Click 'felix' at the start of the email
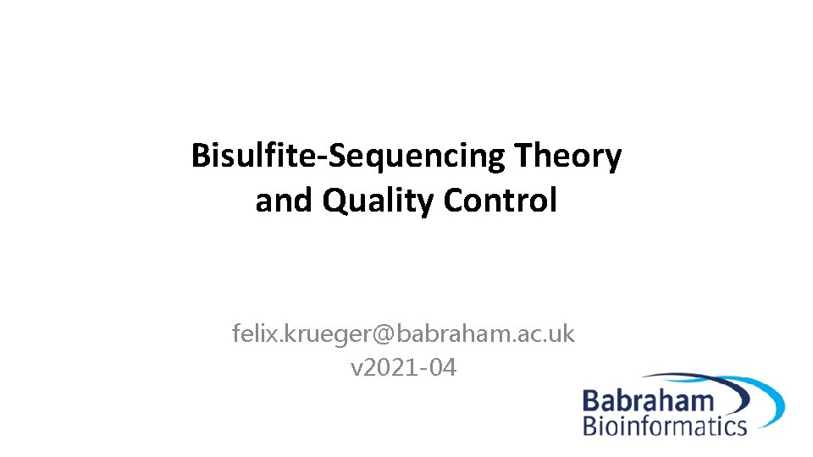coord(252,334)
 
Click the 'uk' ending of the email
coord(561,334)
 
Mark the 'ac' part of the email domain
coord(528,335)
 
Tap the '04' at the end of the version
coord(441,368)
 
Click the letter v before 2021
coord(356,369)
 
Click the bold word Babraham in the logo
coord(648,401)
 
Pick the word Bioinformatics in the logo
coord(665,425)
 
